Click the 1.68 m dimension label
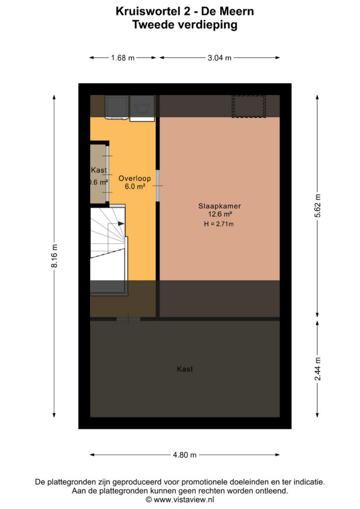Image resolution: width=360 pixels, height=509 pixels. coord(123,58)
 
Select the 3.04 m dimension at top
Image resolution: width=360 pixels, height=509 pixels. coord(219,58)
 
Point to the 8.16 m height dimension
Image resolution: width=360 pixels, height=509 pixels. coord(54,256)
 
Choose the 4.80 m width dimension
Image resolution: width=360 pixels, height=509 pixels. coord(184,455)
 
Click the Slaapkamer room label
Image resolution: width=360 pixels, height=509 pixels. coord(220,206)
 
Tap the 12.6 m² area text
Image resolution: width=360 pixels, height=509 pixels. coord(220,214)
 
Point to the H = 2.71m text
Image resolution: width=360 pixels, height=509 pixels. coord(219,224)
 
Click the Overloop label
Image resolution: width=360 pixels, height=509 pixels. coord(134,178)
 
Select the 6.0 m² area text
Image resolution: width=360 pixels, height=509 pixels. coord(135,187)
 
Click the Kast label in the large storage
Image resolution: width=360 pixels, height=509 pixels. coord(184,369)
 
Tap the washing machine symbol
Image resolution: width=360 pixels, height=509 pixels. coord(142,108)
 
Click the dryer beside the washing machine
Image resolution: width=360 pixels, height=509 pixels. coord(117,107)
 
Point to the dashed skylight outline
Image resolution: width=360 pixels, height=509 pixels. coord(249,106)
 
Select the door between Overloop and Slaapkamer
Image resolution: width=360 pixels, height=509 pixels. coord(158,186)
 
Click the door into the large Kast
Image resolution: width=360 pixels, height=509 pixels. coord(129,319)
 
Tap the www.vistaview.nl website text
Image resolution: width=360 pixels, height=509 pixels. coord(184,500)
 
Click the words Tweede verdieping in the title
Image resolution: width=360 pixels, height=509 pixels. coord(184,25)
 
